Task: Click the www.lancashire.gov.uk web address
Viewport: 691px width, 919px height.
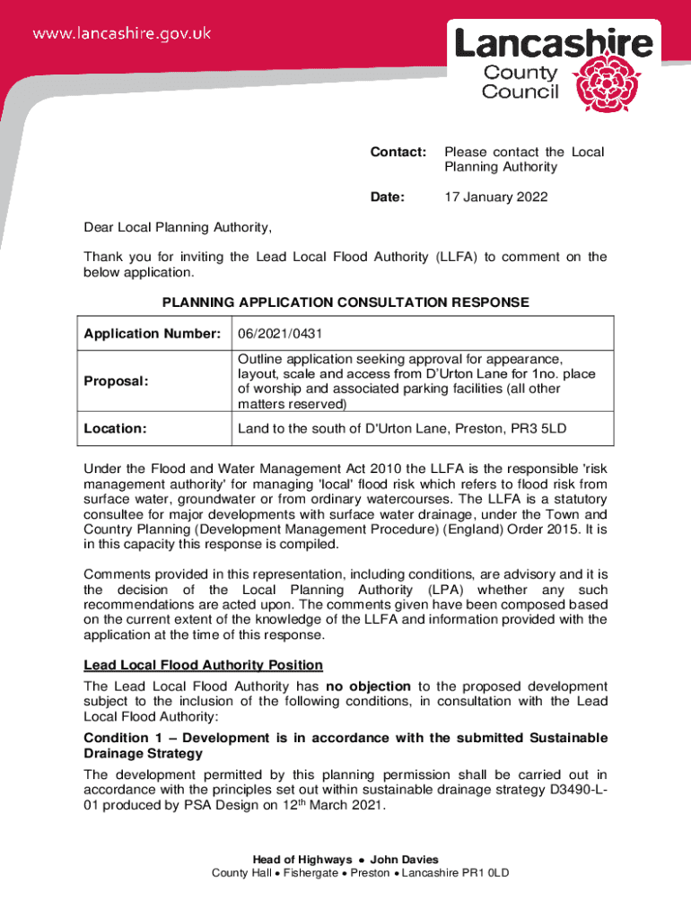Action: (x=122, y=33)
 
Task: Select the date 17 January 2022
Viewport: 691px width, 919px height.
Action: (x=495, y=197)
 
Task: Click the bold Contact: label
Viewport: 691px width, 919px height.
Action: (x=398, y=152)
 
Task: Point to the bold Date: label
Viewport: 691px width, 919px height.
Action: (x=388, y=197)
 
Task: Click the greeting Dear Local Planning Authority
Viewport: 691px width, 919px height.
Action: (x=177, y=226)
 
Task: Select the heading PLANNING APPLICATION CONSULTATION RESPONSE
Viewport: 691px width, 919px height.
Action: (x=345, y=302)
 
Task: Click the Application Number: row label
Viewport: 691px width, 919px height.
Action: (x=153, y=334)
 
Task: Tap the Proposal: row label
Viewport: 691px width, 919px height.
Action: (x=116, y=381)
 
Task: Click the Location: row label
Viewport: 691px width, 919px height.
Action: (x=115, y=428)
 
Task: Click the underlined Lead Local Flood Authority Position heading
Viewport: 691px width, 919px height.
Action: (x=203, y=665)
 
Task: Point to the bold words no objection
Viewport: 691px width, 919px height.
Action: (x=368, y=686)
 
